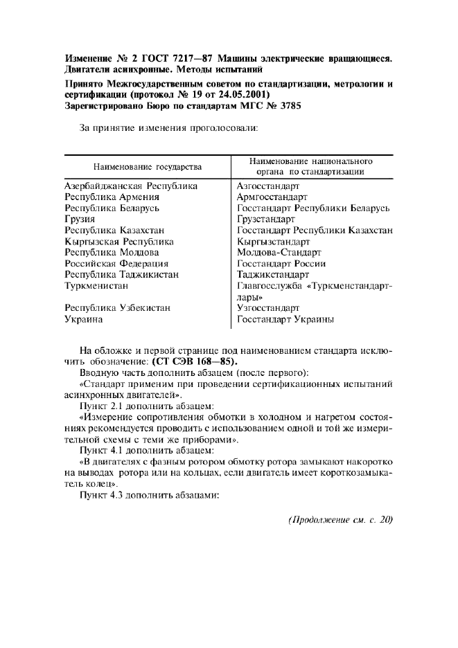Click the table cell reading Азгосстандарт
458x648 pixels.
click(268, 186)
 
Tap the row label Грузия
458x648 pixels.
click(80, 219)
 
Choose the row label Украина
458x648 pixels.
click(84, 319)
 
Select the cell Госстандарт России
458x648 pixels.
click(281, 264)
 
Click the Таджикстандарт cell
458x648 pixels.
click(273, 275)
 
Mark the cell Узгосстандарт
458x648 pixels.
click(268, 308)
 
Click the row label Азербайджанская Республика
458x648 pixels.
click(131, 186)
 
